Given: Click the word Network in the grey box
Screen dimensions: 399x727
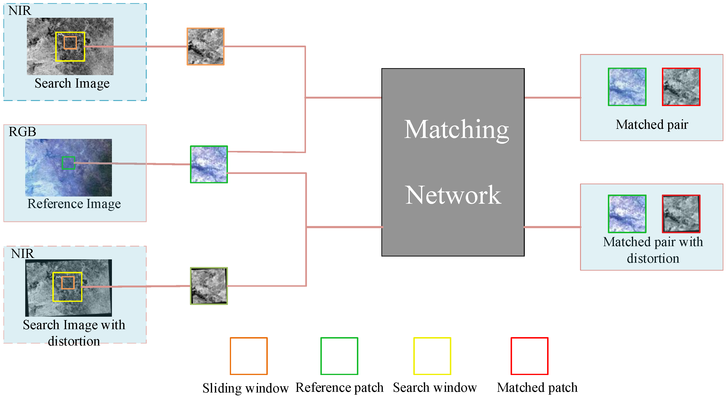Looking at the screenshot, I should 453,195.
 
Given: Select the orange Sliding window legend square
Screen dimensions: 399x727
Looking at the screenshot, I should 248,356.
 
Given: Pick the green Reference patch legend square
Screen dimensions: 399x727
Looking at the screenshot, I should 339,356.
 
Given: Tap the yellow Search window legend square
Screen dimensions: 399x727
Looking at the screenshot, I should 432,356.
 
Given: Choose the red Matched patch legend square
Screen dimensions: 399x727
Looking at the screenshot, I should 529,356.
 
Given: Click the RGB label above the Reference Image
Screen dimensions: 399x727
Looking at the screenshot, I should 22,132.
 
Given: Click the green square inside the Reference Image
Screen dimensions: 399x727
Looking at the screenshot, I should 68,163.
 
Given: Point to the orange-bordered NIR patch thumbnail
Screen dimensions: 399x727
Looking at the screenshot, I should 205,47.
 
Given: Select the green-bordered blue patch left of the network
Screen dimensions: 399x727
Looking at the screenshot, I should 209,164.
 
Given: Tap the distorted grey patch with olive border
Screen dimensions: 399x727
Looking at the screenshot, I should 209,286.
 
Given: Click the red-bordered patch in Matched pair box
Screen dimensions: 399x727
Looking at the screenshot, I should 681,87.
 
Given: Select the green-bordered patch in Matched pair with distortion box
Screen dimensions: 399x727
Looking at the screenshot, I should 627,214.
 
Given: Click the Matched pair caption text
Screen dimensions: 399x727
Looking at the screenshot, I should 652,125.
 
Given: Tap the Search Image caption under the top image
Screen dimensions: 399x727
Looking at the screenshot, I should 72,83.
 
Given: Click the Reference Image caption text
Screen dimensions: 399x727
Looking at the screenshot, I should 74,204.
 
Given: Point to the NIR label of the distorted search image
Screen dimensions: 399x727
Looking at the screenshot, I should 22,254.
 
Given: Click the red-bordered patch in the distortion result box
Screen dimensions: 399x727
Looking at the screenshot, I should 681,214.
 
